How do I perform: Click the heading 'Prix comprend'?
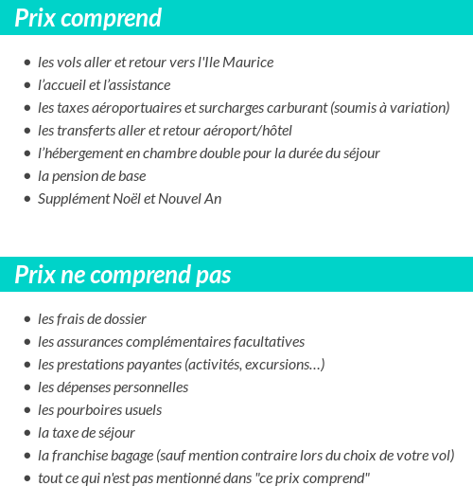pyautogui.click(x=88, y=17)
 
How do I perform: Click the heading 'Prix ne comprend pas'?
pyautogui.click(x=123, y=275)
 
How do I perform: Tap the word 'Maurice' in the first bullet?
pyautogui.click(x=248, y=63)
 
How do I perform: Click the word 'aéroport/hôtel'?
pyautogui.click(x=247, y=131)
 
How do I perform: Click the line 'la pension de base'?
pyautogui.click(x=91, y=176)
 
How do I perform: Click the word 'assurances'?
pyautogui.click(x=93, y=342)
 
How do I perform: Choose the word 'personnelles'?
pyautogui.click(x=151, y=387)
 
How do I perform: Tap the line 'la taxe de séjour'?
pyautogui.click(x=86, y=433)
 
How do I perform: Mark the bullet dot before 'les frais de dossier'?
pyautogui.click(x=27, y=320)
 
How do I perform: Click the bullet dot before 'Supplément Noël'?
pyautogui.click(x=27, y=200)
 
